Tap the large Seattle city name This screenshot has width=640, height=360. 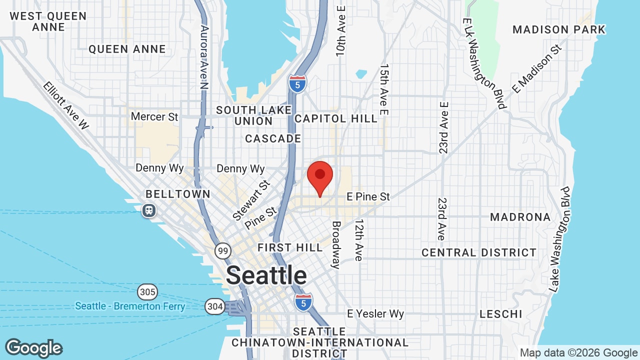pos(266,275)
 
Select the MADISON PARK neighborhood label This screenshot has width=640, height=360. pos(558,29)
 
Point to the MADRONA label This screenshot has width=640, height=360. pos(520,217)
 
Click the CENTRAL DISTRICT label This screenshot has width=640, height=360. pos(478,252)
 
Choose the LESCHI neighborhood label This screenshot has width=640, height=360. pos(500,314)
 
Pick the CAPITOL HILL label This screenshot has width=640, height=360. pos(336,118)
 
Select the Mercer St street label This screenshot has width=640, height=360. pos(154,117)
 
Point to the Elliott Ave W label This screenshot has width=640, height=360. pos(65,105)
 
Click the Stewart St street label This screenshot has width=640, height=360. pos(251,200)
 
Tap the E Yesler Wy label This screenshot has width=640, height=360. pos(375,314)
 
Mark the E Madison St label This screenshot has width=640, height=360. pos(537,68)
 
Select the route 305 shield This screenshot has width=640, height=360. pos(147,291)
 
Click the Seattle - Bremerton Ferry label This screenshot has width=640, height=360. pos(130,306)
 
